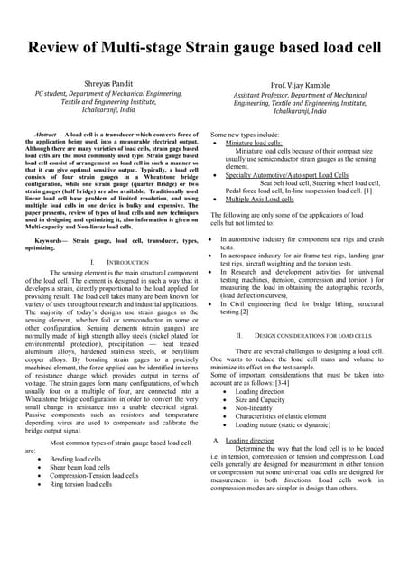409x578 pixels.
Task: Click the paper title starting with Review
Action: (204, 49)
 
